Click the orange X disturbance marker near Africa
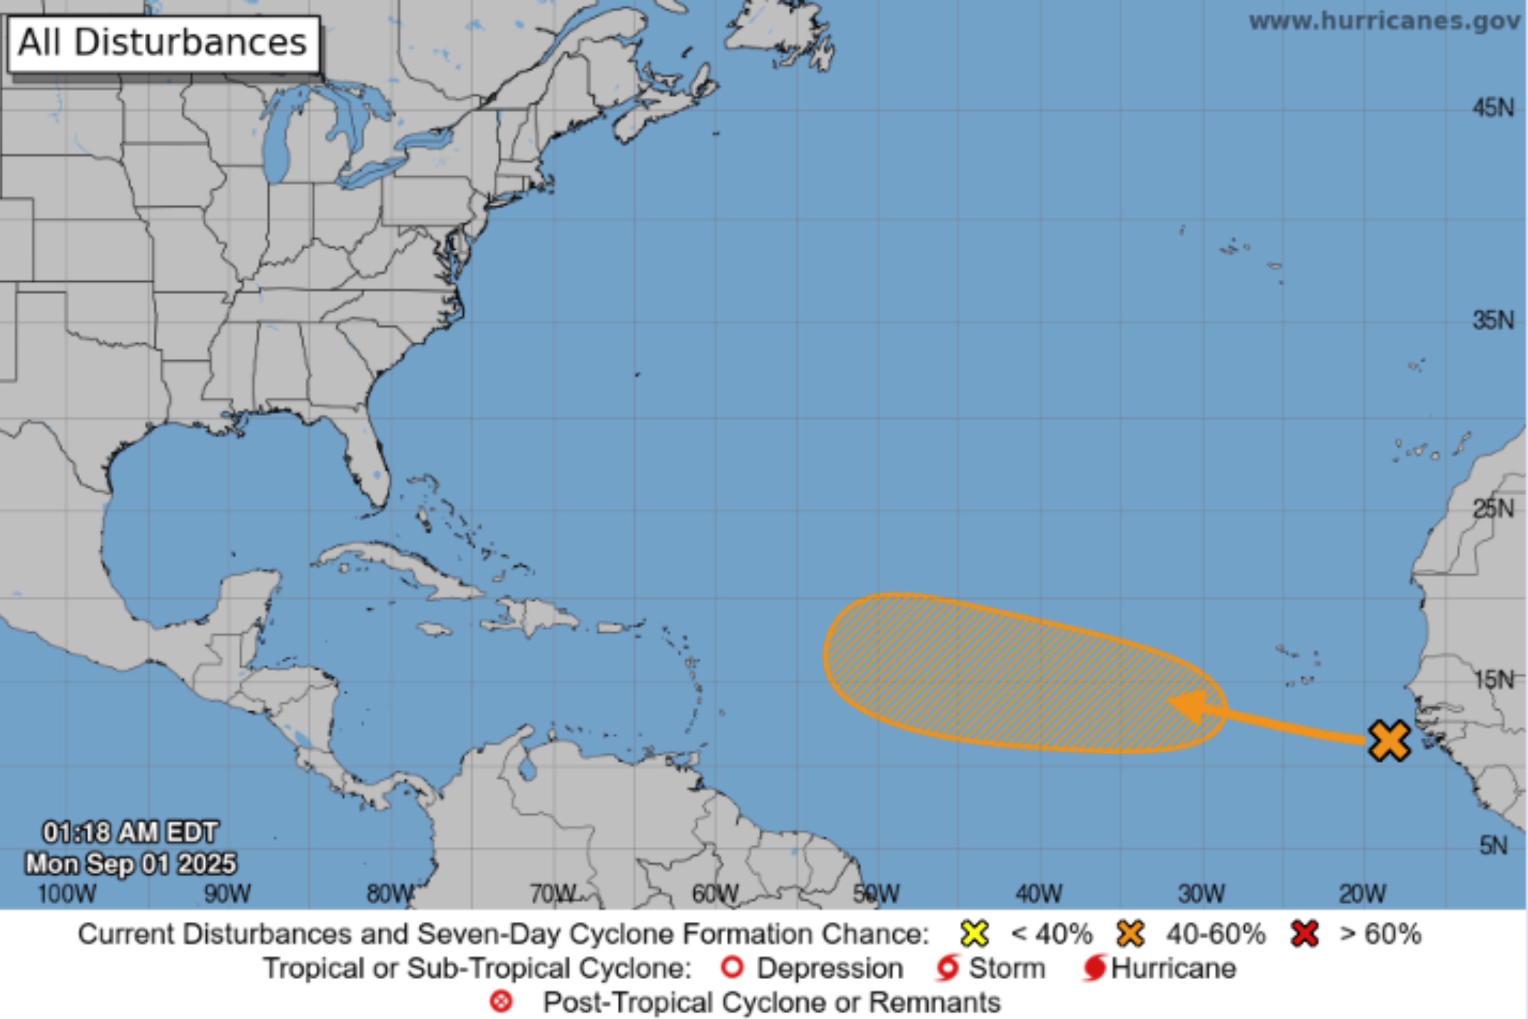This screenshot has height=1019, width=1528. pos(1389,740)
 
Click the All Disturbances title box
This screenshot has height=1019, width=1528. pos(163,43)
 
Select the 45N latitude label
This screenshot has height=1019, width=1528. pos(1492,107)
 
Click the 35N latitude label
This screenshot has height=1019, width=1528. pos(1492,320)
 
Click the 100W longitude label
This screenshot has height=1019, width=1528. pos(66,894)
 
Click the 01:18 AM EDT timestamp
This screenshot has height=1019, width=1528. pos(130,833)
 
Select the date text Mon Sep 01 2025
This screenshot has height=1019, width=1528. pos(130,864)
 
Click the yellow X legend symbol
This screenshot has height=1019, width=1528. pos(974,934)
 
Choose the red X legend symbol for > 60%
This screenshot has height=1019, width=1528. pos(1304,934)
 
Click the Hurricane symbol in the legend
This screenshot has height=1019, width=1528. pos(1095,969)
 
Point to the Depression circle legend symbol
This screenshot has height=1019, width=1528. pos(732,969)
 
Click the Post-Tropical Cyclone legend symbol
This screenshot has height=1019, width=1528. pos(501,1002)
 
